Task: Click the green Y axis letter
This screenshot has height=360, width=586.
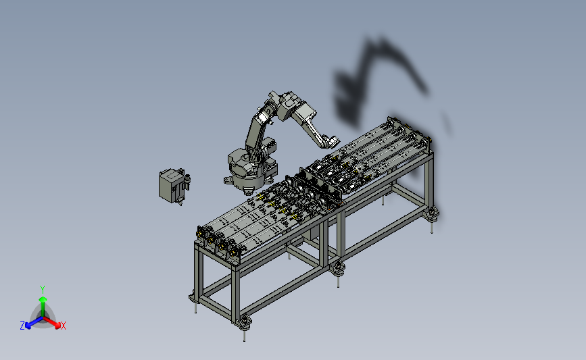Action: tap(42, 290)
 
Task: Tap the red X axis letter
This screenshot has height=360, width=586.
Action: tap(63, 326)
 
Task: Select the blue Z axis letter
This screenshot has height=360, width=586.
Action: tap(22, 326)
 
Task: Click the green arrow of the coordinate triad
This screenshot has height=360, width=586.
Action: tap(43, 306)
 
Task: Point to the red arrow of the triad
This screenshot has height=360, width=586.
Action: tap(52, 322)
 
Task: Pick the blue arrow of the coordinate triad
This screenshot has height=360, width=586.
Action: tap(34, 322)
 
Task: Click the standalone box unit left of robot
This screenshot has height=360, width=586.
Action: tap(171, 185)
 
